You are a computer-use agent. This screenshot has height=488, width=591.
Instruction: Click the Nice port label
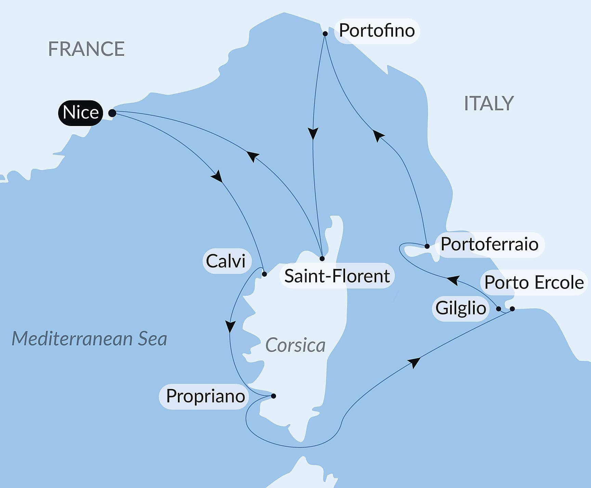pos(81,113)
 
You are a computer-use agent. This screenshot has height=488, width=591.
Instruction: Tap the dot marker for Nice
pos(112,113)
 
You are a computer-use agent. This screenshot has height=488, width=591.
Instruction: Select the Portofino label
pos(377,31)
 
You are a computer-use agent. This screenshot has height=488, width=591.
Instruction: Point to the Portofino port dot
pos(325,34)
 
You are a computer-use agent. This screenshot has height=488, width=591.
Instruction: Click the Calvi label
pos(226,261)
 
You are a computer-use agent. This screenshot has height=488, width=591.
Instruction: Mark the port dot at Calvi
pos(264,274)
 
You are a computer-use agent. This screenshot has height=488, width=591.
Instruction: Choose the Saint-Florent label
pos(337,276)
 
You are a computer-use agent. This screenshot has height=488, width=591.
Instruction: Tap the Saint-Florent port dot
pos(322,259)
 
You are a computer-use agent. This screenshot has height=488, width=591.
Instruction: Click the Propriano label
pos(205,396)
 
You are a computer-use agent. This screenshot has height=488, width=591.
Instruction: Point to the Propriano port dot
pos(274,396)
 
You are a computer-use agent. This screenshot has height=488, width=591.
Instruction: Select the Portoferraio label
pos(489,245)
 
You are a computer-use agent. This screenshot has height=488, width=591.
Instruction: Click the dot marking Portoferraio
pos(427,246)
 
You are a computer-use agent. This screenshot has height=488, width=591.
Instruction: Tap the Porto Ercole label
pos(534,283)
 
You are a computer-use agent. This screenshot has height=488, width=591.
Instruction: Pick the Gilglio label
pos(461,308)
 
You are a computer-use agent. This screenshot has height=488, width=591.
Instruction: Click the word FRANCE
pos(86,49)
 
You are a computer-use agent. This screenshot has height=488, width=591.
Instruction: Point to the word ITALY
pos(489,103)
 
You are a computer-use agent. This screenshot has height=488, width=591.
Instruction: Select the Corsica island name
pos(295,345)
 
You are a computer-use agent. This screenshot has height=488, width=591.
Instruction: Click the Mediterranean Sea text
pos(89,339)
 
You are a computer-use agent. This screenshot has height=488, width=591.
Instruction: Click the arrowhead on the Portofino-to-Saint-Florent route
pos(313,133)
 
